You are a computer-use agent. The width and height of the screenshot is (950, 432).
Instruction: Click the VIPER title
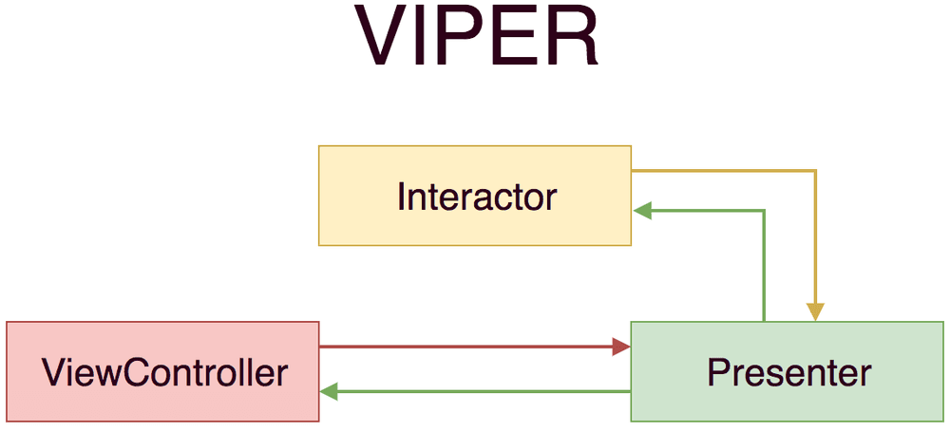478,38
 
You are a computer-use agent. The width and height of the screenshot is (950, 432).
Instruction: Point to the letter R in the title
570,38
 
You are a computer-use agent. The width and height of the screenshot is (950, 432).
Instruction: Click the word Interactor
476,197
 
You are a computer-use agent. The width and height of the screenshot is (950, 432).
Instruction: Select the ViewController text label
164,372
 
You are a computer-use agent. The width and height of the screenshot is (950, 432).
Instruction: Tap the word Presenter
788,372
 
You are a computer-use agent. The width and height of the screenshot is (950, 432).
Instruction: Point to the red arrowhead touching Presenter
621,347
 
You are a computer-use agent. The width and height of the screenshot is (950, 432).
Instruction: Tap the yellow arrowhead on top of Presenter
815,312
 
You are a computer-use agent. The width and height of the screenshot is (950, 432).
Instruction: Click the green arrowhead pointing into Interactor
642,212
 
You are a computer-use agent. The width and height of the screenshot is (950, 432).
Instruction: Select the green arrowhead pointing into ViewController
329,391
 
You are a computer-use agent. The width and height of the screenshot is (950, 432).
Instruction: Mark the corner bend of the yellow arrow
815,171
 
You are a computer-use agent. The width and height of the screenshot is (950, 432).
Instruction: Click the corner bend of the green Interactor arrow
764,212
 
